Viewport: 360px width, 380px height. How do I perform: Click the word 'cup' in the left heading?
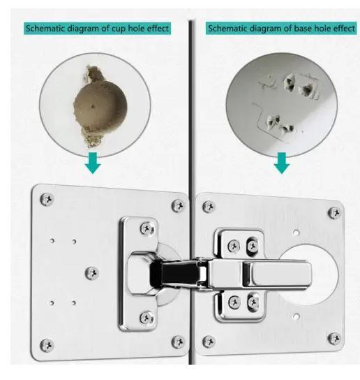[119, 29]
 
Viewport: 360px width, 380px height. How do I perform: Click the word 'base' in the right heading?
[303, 29]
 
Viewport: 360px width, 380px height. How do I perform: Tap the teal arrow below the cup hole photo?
[93, 163]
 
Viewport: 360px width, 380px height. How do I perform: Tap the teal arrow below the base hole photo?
[282, 163]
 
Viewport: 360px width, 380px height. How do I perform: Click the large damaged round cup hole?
[100, 106]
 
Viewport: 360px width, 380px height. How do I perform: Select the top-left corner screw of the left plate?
[47, 199]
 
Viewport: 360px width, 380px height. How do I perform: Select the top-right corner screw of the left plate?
[178, 206]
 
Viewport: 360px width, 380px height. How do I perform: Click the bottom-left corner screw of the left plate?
[47, 345]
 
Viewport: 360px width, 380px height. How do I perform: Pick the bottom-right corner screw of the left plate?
[178, 342]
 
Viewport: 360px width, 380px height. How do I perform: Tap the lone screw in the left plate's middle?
[92, 273]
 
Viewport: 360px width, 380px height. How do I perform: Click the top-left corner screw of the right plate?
[209, 207]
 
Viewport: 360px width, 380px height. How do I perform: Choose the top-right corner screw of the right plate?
[335, 213]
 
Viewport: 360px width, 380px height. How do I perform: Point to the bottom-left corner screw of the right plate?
[209, 342]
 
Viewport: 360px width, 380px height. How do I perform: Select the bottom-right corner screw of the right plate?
[335, 338]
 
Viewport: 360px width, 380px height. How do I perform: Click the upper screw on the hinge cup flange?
[147, 228]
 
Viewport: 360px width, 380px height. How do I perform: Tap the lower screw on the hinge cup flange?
[147, 318]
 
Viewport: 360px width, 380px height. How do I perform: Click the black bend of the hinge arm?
[174, 273]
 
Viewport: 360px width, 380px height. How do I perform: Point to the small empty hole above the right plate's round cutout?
[296, 233]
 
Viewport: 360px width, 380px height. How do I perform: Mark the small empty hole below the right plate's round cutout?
[296, 316]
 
